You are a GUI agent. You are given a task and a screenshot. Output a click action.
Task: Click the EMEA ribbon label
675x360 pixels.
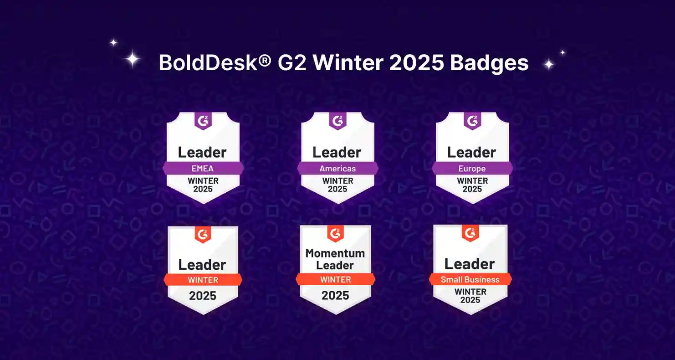coord(203,169)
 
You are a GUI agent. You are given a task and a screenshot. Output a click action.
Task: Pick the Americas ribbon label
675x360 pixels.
coord(337,169)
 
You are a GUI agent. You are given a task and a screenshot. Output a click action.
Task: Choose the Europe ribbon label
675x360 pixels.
coord(472,169)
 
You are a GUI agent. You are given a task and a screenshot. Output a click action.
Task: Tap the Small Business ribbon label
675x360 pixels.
coord(470,280)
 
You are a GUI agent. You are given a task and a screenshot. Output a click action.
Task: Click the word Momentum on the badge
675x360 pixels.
coord(335,253)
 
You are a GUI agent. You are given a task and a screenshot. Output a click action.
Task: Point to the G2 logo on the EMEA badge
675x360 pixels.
coord(203,121)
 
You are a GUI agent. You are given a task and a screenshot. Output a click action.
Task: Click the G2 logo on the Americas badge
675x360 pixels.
coord(337,121)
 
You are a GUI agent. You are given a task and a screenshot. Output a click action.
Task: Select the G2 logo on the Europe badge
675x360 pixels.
coord(472,121)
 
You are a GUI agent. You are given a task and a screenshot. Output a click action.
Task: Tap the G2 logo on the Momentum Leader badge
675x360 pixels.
coord(335,233)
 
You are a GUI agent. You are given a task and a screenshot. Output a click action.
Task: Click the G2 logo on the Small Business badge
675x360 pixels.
coord(470,233)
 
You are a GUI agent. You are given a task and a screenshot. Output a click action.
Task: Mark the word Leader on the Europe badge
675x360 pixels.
coord(472,152)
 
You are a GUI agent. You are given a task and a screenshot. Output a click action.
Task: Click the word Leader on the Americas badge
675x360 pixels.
coord(337,152)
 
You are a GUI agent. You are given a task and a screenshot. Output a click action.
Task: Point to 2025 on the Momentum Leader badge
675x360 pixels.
coord(335,295)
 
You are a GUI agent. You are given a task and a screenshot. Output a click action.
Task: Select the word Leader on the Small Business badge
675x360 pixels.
coord(470,264)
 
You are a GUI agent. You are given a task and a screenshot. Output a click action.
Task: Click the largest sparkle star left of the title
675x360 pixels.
coord(133,59)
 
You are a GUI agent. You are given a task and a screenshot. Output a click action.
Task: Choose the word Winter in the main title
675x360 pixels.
coord(348,63)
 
